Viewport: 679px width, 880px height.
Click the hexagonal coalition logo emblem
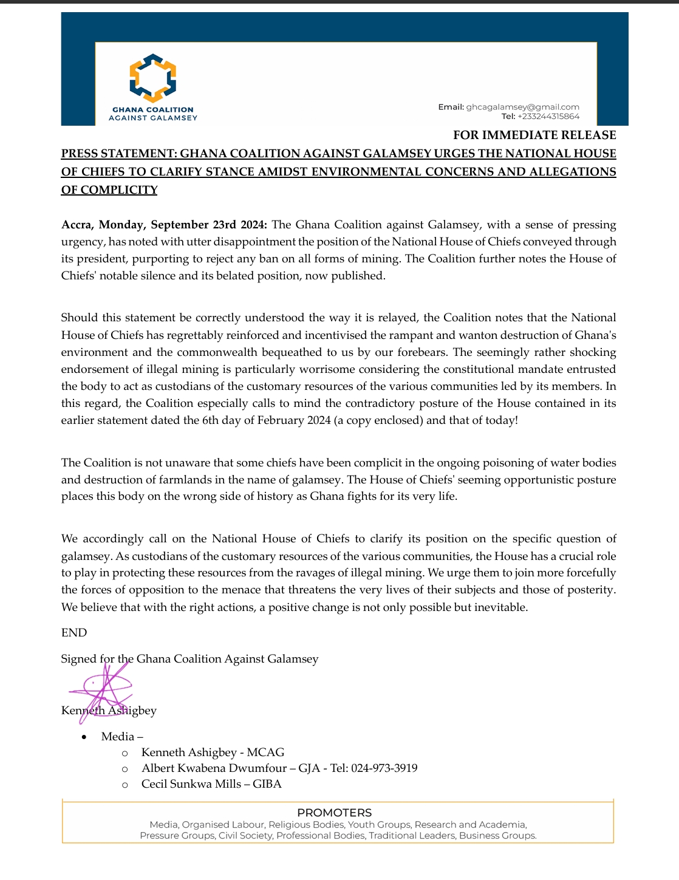tap(152, 77)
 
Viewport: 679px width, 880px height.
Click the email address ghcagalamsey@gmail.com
tap(522, 107)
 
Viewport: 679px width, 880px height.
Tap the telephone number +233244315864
tap(548, 116)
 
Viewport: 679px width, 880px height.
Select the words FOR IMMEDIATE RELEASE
tap(534, 135)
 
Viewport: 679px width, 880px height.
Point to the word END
tap(74, 632)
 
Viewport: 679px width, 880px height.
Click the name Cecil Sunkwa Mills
tap(191, 783)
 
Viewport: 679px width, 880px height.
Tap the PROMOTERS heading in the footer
tap(334, 813)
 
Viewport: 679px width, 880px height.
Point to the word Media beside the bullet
tap(118, 736)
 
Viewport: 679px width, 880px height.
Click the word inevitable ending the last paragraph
tap(502, 607)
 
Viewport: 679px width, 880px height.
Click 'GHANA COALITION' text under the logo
tap(152, 110)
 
